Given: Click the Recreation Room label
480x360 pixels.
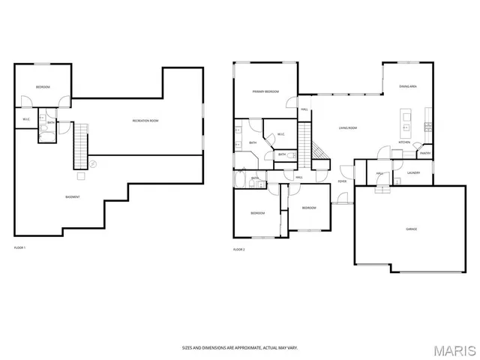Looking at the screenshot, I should (145, 121).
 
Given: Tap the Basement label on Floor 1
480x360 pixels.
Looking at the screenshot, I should (73, 196).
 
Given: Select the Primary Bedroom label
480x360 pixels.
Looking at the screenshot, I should (265, 91).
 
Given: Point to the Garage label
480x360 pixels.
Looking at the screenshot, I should (412, 229).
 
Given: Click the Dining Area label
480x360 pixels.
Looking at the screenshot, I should (408, 87).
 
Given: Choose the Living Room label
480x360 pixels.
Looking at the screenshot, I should (347, 128).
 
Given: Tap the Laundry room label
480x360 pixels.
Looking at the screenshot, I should (413, 172).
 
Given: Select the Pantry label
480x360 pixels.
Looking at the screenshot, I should (424, 154).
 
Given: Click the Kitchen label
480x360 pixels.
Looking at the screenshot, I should (404, 142).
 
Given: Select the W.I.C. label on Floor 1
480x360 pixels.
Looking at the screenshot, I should (25, 118).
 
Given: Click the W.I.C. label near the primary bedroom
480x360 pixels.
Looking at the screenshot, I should (280, 134).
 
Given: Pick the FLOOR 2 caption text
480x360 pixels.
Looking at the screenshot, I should (238, 248).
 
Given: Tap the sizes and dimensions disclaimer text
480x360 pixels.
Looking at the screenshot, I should (239, 348).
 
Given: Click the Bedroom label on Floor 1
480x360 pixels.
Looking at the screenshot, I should (43, 88).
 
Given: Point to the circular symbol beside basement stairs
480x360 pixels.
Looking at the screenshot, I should (93, 163).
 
